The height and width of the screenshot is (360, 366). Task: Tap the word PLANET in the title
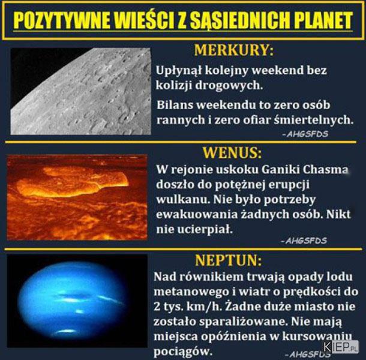323,20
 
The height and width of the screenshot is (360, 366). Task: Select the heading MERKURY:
233,50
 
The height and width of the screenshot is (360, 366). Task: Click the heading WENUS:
232,152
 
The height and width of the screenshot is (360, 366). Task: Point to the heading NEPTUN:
229,260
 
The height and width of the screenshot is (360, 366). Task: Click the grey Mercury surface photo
81,91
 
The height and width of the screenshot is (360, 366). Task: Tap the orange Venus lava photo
77,197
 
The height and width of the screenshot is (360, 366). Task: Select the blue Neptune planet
73,301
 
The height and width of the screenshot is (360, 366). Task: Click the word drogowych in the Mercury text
229,86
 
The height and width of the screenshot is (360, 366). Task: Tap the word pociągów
183,352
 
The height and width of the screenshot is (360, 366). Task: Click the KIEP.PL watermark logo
341,347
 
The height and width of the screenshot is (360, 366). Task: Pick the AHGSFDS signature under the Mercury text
305,134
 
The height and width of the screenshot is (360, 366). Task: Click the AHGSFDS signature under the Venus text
304,241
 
